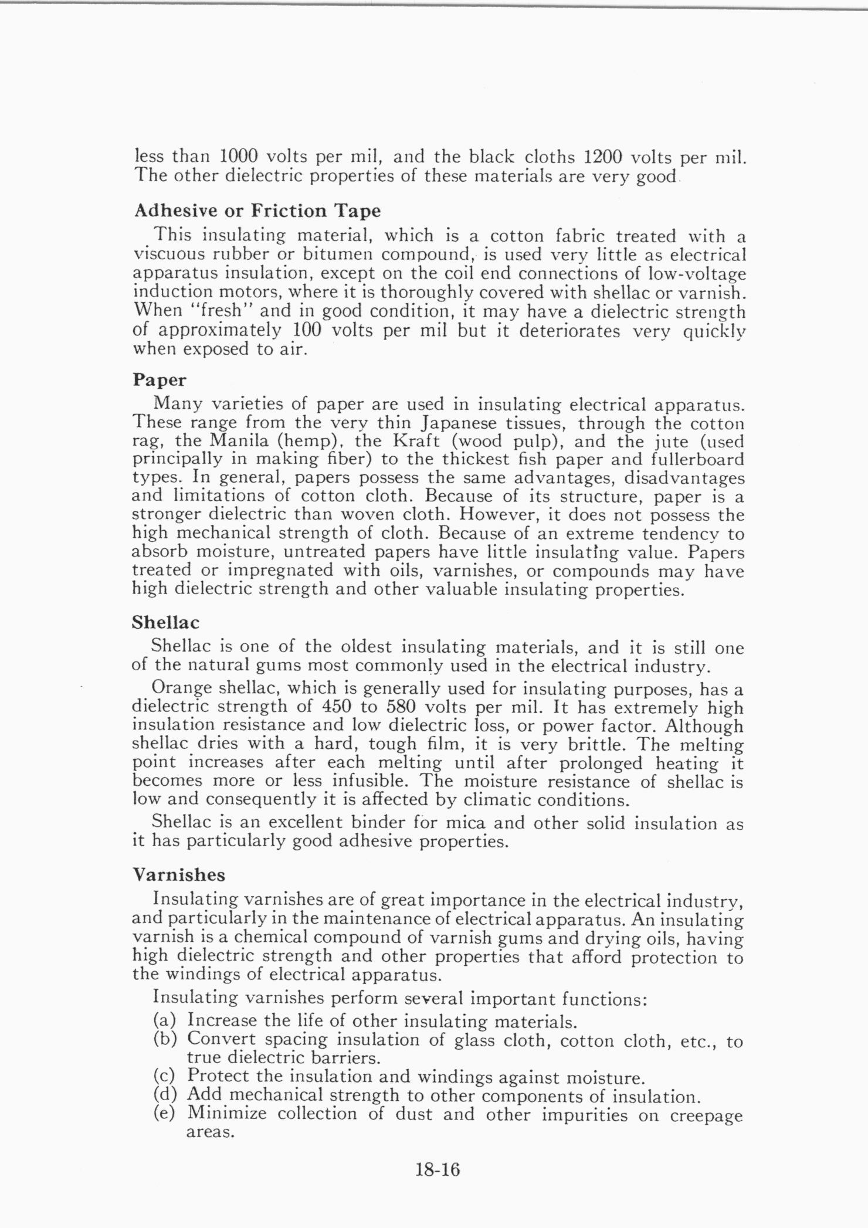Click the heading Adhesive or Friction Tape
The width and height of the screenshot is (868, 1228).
click(257, 211)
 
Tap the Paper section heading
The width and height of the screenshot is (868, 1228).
click(160, 380)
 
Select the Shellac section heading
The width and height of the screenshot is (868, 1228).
click(166, 622)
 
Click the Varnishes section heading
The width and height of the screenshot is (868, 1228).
click(179, 875)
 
